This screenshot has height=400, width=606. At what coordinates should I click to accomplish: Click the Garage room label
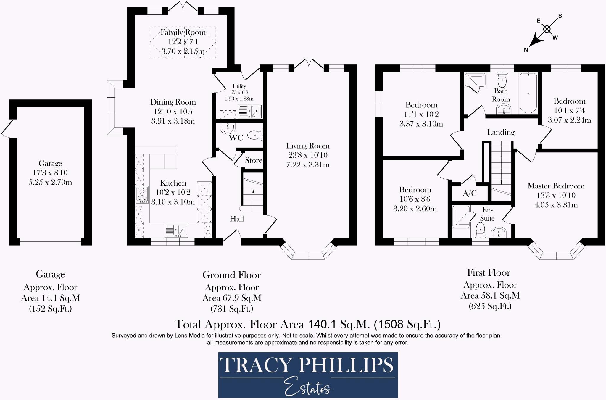tap(50, 163)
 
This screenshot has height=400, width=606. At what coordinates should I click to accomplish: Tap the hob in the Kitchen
tap(142, 194)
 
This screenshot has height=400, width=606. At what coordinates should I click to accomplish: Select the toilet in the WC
tap(254, 136)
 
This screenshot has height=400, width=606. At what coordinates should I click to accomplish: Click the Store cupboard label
tap(254, 160)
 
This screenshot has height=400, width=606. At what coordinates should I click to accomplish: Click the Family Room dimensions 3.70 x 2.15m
tap(183, 51)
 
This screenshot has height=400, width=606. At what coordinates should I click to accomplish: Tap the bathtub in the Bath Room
tap(528, 93)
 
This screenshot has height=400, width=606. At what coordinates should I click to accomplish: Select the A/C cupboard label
tap(470, 193)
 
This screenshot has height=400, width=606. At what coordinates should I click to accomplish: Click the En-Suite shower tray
tap(461, 217)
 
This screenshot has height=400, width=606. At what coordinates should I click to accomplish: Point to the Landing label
tap(501, 132)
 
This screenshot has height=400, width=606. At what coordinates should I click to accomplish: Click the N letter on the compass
tap(526, 50)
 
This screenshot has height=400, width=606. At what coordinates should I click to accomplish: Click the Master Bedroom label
tap(556, 186)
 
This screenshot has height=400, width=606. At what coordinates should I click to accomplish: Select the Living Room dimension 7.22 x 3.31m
tap(308, 165)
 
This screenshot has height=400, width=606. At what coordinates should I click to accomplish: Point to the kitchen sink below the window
tap(176, 230)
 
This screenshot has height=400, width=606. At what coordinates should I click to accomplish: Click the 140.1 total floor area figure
tap(322, 325)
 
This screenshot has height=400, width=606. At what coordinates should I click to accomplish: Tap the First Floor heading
tap(489, 272)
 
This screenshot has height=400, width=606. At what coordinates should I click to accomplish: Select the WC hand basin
tap(228, 128)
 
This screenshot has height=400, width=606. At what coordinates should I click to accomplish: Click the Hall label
tap(237, 219)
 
